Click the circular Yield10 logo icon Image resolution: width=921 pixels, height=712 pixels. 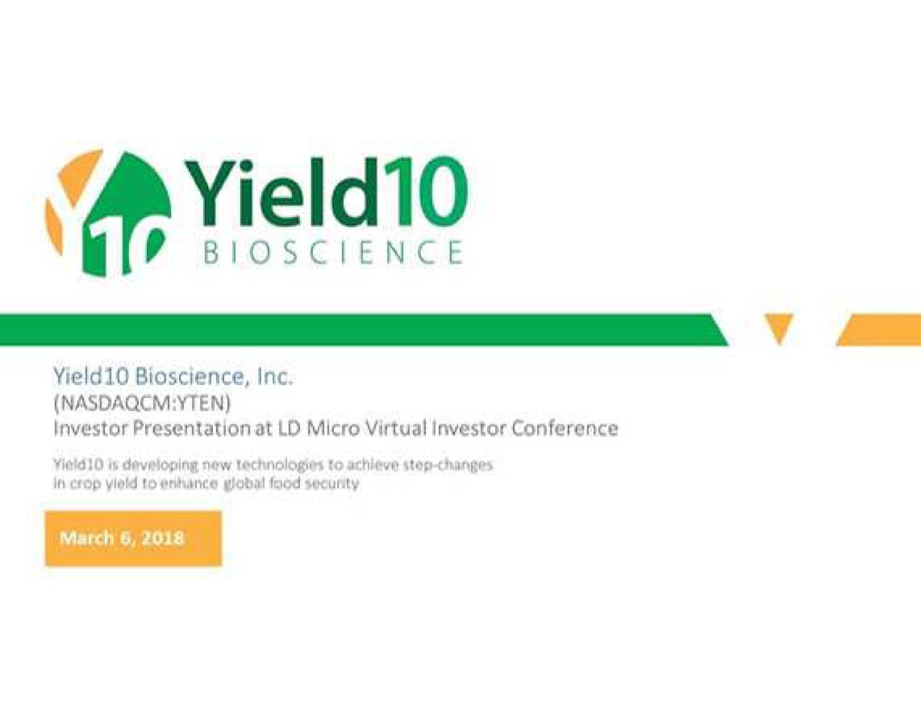(x=108, y=212)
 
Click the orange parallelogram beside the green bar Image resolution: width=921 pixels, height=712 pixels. (x=879, y=330)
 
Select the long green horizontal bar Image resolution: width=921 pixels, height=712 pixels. (x=363, y=330)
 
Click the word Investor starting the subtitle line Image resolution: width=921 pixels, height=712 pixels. (x=91, y=429)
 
